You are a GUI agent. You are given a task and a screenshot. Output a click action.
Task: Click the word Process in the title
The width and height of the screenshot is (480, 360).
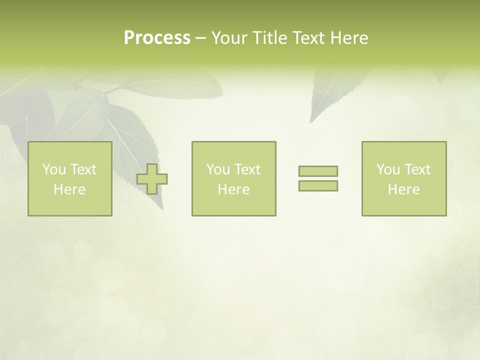(157, 38)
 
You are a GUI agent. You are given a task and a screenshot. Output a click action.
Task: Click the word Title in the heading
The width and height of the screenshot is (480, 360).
(269, 38)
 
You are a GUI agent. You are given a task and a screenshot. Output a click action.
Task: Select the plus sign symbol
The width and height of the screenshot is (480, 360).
(152, 179)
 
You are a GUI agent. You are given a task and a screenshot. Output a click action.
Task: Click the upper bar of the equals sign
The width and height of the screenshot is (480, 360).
(318, 171)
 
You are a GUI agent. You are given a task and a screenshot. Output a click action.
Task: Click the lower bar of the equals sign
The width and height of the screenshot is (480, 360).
(318, 186)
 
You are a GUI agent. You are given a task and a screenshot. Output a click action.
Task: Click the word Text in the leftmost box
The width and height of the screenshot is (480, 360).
(83, 169)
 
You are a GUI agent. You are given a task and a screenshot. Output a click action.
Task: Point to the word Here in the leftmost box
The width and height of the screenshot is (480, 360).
(70, 189)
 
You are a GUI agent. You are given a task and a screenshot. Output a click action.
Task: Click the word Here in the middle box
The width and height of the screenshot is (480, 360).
(234, 189)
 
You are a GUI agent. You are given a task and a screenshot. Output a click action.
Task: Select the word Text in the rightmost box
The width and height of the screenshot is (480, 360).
(417, 169)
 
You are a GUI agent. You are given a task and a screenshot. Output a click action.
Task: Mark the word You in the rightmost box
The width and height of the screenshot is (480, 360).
(388, 169)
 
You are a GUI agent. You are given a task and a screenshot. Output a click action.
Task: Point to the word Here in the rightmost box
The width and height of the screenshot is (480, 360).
(404, 189)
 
